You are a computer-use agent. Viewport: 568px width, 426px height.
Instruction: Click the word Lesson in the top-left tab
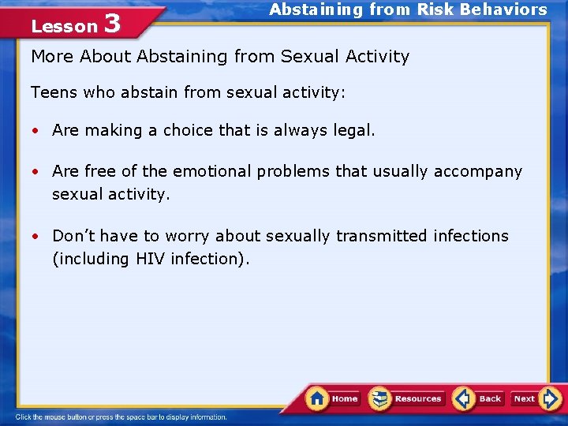pyautogui.click(x=63, y=26)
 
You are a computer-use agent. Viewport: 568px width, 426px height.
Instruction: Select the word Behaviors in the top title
pyautogui.click(x=503, y=9)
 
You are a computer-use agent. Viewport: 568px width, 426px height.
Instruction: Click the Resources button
pyautogui.click(x=408, y=398)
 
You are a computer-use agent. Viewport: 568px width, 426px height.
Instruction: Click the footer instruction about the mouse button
pyautogui.click(x=122, y=417)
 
